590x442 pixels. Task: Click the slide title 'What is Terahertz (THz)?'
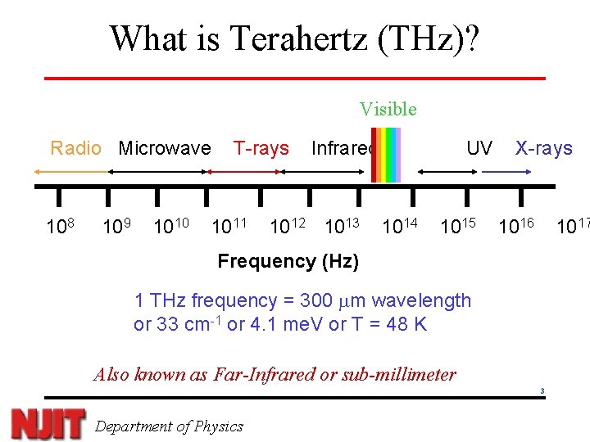point(294,38)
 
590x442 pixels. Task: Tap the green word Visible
point(388,109)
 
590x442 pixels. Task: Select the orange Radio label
point(75,148)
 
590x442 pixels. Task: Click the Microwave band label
point(164,148)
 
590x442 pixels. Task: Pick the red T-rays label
point(261,148)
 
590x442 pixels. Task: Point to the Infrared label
point(342,148)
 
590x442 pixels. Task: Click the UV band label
point(479,148)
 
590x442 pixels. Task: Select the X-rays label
point(543,148)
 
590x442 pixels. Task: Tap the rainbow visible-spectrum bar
point(385,155)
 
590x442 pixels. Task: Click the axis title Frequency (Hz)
point(288,261)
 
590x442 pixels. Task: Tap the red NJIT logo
point(48,423)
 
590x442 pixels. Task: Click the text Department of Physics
point(169,426)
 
